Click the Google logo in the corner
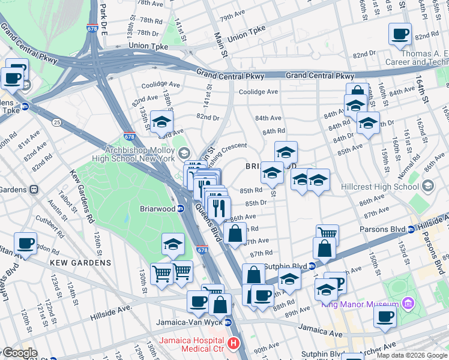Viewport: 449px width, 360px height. (20, 353)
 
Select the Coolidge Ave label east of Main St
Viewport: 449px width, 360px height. (258, 92)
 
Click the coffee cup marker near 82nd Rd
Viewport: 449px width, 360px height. (400, 35)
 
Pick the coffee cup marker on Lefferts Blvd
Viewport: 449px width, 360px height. (25, 244)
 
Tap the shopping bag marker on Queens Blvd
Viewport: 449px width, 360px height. (235, 232)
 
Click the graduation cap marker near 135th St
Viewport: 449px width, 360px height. (161, 122)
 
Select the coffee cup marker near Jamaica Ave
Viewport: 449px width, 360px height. (385, 316)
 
